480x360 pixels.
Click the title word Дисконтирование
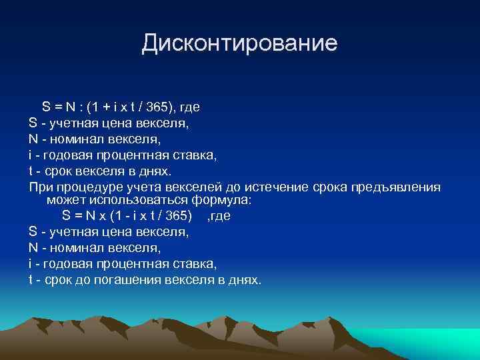tap(239, 44)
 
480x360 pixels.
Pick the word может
tap(64, 200)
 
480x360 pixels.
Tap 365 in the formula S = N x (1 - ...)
tap(176, 216)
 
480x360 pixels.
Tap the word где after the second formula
tap(219, 216)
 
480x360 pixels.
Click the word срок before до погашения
tap(54, 280)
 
